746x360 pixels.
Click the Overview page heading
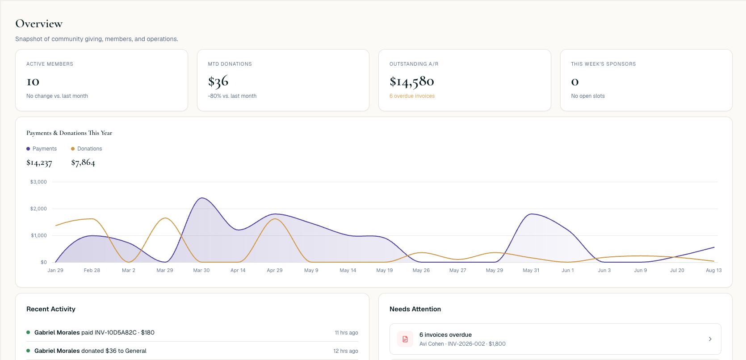[x=39, y=24]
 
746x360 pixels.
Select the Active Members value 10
[x=33, y=82]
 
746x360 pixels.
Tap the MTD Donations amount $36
[x=218, y=82]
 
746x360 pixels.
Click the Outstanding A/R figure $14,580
[x=411, y=82]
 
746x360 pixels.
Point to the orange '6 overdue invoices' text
[x=412, y=96]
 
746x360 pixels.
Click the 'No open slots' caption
[x=588, y=96]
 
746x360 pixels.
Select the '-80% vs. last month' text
[x=232, y=96]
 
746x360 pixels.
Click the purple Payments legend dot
[x=28, y=149]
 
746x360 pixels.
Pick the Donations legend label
[x=90, y=149]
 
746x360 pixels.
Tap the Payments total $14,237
[x=39, y=163]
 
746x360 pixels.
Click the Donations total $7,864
[x=83, y=163]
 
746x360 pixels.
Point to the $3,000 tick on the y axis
[x=38, y=182]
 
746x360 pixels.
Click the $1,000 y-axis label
[x=39, y=235]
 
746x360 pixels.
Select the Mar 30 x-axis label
[x=201, y=270]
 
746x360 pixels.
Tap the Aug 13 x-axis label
[x=714, y=270]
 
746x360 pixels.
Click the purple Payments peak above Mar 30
[x=202, y=198]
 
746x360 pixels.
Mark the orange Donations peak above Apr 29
[x=275, y=219]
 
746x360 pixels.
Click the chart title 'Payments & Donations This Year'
[x=69, y=133]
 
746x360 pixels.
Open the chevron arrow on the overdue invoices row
[x=710, y=339]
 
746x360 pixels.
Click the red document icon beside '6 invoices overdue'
[x=405, y=339]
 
